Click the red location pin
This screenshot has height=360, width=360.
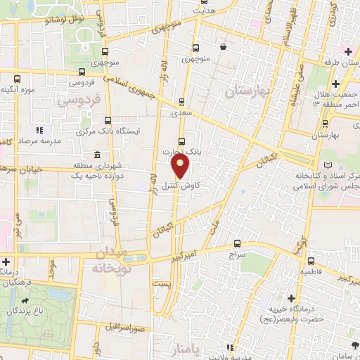(181, 166)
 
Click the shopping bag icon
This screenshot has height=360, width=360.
(223, 47)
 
